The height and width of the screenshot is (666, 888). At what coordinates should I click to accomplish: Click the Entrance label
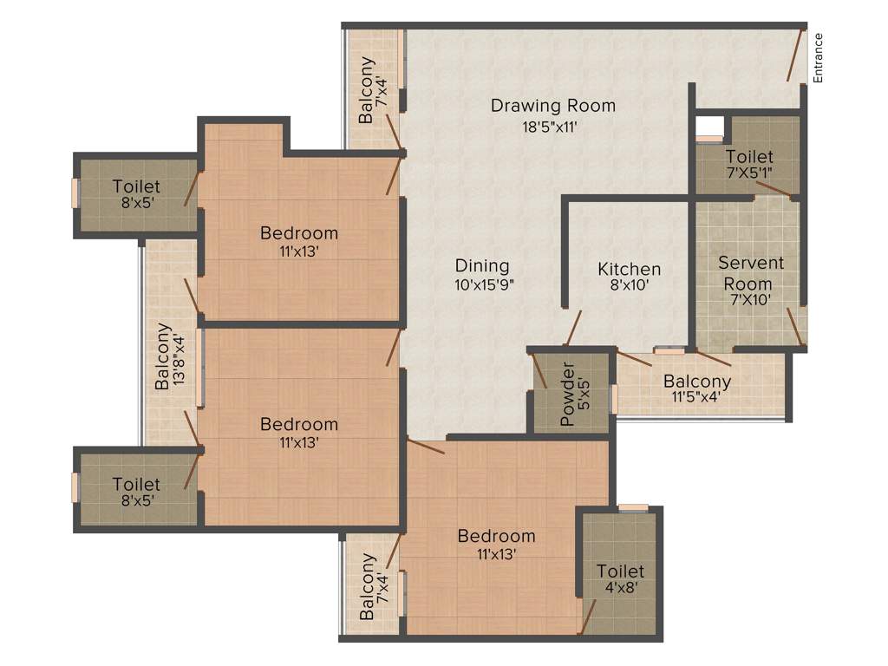click(x=818, y=58)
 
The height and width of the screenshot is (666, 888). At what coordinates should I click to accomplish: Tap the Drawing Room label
click(x=553, y=106)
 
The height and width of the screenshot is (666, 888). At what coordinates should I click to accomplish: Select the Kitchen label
click(x=630, y=269)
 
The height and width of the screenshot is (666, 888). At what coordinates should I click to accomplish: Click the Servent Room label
click(x=751, y=272)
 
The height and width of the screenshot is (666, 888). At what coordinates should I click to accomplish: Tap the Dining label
click(x=482, y=265)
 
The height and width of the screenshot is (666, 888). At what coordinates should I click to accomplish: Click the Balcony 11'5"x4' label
click(x=697, y=389)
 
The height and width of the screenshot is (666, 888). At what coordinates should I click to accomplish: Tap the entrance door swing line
click(x=794, y=55)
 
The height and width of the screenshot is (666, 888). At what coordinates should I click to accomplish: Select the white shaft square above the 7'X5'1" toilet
click(x=708, y=127)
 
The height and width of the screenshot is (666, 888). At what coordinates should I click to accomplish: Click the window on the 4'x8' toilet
click(x=634, y=507)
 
